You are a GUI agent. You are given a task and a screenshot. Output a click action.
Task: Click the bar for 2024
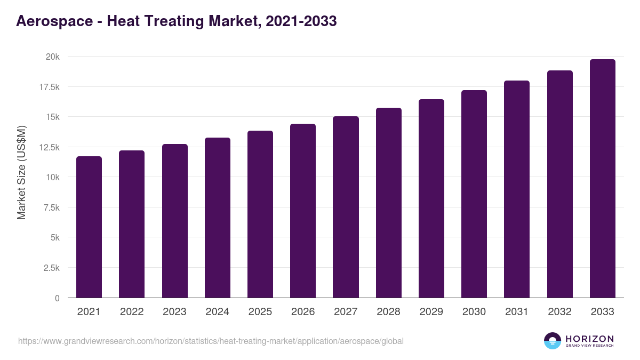pyautogui.click(x=218, y=218)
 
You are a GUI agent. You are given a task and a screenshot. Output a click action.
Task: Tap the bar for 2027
pyautogui.click(x=346, y=207)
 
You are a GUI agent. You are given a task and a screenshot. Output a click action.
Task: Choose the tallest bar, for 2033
pyautogui.click(x=602, y=178)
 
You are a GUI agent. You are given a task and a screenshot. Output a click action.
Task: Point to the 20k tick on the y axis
pyautogui.click(x=52, y=57)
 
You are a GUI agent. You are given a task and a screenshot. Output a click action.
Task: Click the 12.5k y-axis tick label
pyautogui.click(x=49, y=147)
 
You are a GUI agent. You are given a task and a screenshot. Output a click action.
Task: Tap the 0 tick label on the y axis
pyautogui.click(x=57, y=298)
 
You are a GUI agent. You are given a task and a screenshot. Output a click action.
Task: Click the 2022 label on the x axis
pyautogui.click(x=132, y=312)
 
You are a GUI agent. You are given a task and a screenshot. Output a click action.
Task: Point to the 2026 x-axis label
pyautogui.click(x=303, y=312)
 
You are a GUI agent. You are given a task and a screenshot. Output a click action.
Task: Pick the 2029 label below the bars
pyautogui.click(x=431, y=312)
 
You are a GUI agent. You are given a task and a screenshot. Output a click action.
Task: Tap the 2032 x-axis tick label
pyautogui.click(x=559, y=312)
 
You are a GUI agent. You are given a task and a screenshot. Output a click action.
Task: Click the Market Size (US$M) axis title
pyautogui.click(x=22, y=172)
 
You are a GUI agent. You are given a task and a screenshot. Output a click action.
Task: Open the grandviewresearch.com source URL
pyautogui.click(x=211, y=341)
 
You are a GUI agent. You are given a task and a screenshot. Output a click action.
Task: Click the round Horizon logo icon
pyautogui.click(x=553, y=341)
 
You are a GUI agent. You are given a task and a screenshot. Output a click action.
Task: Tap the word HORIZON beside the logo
pyautogui.click(x=589, y=339)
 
